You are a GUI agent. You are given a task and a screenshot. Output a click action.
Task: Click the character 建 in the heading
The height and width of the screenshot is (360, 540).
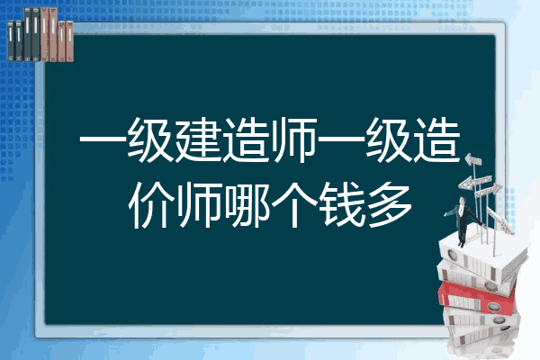click(198, 139)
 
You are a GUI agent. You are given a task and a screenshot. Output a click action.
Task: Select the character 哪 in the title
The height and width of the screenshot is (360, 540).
click(247, 205)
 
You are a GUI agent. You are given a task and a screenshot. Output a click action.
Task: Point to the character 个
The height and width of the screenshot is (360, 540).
click(294, 205)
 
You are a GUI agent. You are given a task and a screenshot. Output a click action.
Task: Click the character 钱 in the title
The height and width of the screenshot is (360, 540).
click(342, 205)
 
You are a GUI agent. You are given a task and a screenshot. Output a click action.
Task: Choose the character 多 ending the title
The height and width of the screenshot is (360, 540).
click(390, 205)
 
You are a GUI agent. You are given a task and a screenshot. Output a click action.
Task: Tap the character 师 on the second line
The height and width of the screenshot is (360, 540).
click(200, 205)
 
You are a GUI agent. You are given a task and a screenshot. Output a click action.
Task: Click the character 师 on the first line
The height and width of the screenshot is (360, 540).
click(293, 139)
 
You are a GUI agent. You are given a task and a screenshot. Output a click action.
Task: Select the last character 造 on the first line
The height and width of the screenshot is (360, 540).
click(436, 139)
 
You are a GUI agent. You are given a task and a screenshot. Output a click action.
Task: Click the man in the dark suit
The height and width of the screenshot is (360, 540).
click(463, 220)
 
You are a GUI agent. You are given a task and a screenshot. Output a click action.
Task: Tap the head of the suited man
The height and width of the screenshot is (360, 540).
click(463, 200)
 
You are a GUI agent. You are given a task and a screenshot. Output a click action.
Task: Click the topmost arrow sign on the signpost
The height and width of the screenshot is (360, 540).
click(473, 160)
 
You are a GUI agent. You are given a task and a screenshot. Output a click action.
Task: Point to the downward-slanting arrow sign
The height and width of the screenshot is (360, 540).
click(499, 220)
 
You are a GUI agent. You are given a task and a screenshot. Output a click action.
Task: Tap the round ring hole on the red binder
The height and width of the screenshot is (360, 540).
click(493, 306)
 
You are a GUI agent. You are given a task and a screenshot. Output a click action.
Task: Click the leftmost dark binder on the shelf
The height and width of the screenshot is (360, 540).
click(11, 40)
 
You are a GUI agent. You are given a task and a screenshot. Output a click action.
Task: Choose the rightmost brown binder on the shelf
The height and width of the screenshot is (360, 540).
click(70, 41)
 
